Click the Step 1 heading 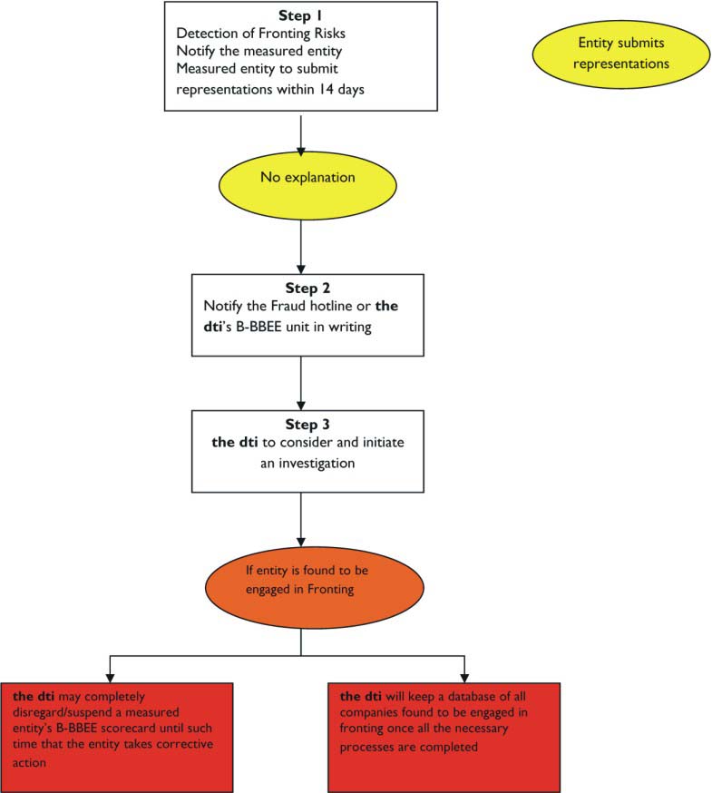300,15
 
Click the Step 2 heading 307,289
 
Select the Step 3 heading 307,425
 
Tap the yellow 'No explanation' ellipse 307,185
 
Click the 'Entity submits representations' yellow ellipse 621,54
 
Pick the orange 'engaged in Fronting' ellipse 314,587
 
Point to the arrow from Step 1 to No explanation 301,135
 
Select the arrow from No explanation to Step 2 301,247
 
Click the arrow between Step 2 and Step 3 301,383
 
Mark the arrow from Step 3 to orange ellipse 301,519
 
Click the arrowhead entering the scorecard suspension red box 110,678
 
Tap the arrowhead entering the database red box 464,678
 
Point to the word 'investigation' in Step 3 317,464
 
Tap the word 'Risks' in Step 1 330,34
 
